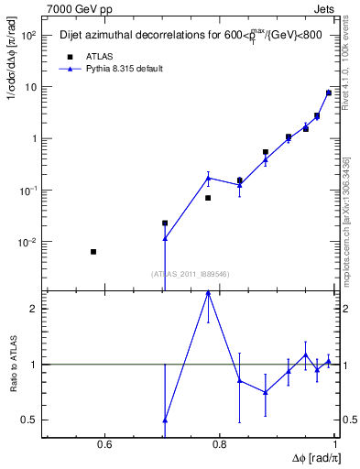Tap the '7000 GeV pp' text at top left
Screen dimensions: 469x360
[76, 7]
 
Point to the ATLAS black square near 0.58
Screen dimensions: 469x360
[93, 252]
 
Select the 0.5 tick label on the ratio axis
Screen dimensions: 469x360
[28, 420]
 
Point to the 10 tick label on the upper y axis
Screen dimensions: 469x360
[27, 87]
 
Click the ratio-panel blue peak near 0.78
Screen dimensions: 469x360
[208, 292]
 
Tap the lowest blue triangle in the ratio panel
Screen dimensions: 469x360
[165, 420]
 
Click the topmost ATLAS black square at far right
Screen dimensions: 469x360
[329, 93]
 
